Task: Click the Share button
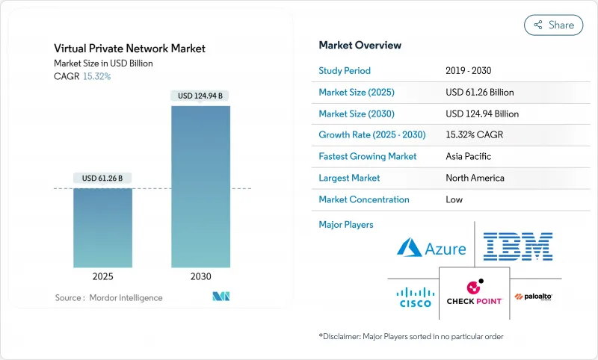(x=553, y=25)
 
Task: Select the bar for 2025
(x=102, y=227)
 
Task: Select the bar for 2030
(x=200, y=186)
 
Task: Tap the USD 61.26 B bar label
(x=102, y=178)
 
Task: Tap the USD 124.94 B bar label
(x=200, y=96)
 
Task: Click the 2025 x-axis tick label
(x=102, y=276)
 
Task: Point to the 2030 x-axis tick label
(x=200, y=276)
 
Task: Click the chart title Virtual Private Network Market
(x=129, y=49)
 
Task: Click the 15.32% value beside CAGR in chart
(x=96, y=76)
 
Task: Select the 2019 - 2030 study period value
(x=469, y=71)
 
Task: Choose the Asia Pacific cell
(x=468, y=157)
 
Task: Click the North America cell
(x=474, y=178)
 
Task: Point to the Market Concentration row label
(x=364, y=199)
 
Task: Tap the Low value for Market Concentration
(x=454, y=199)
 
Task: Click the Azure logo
(x=431, y=248)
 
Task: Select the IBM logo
(x=517, y=246)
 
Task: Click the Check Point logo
(x=474, y=292)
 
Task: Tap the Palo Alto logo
(x=534, y=297)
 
